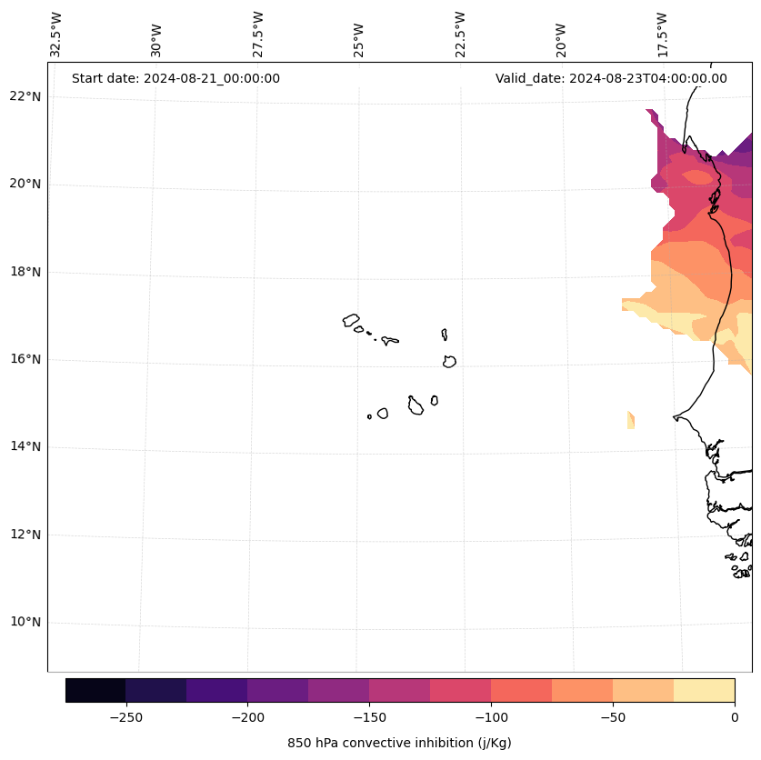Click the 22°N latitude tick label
click(x=25, y=96)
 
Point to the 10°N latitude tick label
click(x=25, y=623)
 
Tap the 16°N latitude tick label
click(x=25, y=359)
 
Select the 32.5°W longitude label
click(x=56, y=35)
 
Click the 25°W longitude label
click(x=359, y=39)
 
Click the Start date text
click(x=175, y=78)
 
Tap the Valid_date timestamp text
click(x=611, y=78)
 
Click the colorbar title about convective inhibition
click(x=399, y=743)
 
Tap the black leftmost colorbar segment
click(x=95, y=690)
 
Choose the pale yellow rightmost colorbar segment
click(x=704, y=690)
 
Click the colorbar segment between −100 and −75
click(x=521, y=690)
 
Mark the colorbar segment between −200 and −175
click(x=277, y=690)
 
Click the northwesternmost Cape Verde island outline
click(x=351, y=320)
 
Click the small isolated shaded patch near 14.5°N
click(x=631, y=420)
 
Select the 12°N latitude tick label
click(x=25, y=535)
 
